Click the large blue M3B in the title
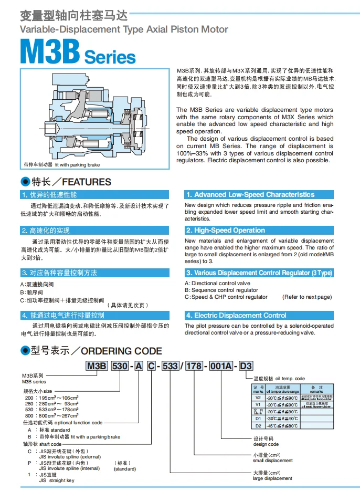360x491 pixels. [x=50, y=54]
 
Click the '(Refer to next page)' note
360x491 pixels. [x=307, y=297]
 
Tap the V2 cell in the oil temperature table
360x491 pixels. [x=258, y=398]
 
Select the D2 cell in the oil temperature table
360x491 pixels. [x=258, y=425]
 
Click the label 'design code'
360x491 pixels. [x=265, y=444]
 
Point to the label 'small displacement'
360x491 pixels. [x=272, y=461]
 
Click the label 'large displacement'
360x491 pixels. [x=272, y=478]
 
